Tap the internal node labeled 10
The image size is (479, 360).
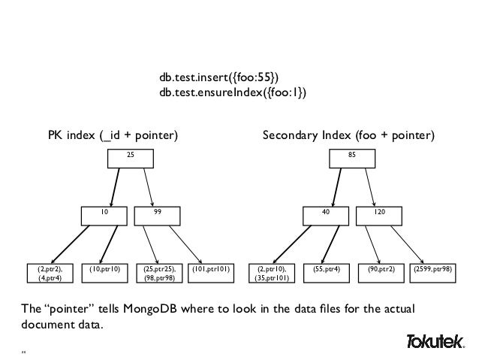click(104, 216)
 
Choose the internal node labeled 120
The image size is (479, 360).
click(381, 216)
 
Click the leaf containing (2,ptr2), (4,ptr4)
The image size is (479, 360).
click(50, 272)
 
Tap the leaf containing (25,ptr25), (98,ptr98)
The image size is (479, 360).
click(159, 272)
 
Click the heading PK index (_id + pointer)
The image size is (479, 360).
click(113, 136)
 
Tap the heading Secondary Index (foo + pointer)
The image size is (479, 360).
click(348, 136)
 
